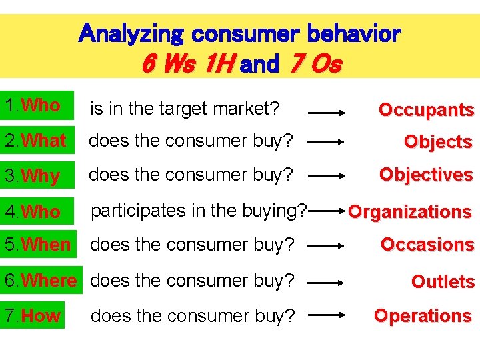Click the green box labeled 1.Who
[37, 106]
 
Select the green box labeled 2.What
[37, 141]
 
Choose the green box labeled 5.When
[37, 245]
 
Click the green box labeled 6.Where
[40, 281]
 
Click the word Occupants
[426, 110]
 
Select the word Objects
[438, 142]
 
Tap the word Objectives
[426, 175]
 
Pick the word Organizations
[409, 212]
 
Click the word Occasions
[427, 245]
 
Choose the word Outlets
[443, 282]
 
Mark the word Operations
[423, 315]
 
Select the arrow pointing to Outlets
[325, 283]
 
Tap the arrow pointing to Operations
[325, 317]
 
